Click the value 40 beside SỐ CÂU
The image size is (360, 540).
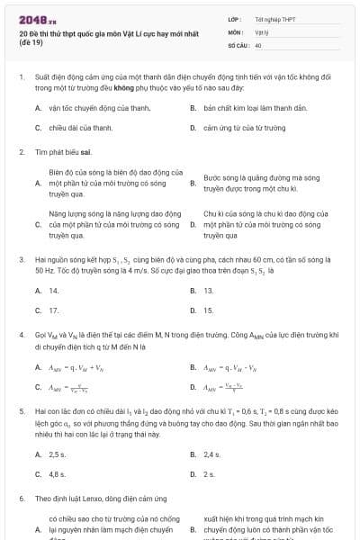tap(257, 45)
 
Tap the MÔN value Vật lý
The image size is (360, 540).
tap(261, 31)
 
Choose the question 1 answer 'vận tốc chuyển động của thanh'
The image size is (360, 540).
tap(99, 107)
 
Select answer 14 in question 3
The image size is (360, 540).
tap(54, 290)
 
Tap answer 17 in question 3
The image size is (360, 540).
tap(54, 310)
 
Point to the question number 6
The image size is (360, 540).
tap(21, 498)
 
